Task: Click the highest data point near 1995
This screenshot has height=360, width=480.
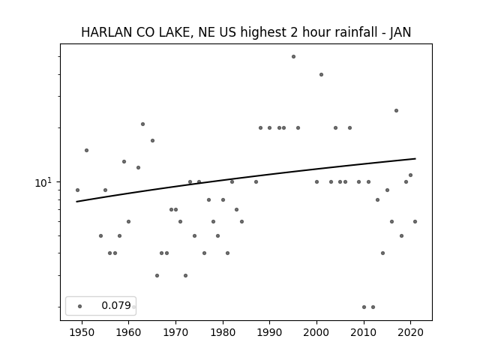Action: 293,57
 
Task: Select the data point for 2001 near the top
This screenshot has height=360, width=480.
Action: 322,75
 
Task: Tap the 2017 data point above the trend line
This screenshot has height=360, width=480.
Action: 397,111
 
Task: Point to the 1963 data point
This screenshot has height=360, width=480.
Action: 142,124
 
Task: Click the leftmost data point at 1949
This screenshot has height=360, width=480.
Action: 77,190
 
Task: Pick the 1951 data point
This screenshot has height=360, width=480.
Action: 87,150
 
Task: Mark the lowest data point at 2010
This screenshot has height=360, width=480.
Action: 364,307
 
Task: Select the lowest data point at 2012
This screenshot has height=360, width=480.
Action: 373,307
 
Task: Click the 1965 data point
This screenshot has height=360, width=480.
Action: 152,141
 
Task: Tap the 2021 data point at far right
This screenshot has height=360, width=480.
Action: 415,222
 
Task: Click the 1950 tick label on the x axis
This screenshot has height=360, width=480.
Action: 82,332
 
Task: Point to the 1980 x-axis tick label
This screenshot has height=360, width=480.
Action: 223,332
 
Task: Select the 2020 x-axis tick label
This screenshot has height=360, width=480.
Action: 411,332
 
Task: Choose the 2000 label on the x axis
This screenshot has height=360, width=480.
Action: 316,332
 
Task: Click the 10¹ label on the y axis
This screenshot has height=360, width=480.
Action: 43,182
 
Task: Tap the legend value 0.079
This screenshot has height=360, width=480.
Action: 116,305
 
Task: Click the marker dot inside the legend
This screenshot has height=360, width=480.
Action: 80,307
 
